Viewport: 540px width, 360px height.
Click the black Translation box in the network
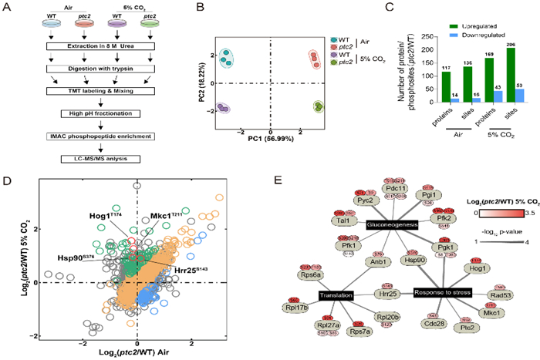[336, 294]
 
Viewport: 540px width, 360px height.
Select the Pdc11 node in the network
[396, 188]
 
